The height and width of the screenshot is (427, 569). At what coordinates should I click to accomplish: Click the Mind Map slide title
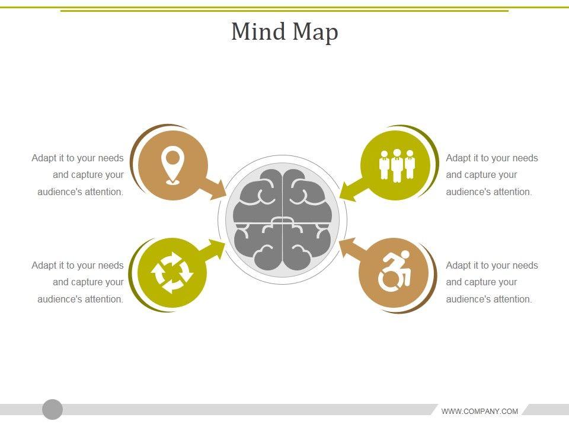[284, 31]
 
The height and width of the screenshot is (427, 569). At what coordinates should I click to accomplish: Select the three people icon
[397, 165]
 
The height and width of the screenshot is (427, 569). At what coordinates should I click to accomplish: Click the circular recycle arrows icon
[172, 273]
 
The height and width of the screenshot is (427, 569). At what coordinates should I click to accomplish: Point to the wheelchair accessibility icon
[395, 272]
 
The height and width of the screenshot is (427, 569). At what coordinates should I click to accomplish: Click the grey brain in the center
[282, 219]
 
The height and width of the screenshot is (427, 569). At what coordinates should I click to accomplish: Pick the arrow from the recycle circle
[212, 249]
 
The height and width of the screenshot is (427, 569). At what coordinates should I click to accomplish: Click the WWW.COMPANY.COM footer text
[480, 411]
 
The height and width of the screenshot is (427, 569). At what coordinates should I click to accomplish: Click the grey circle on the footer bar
[53, 409]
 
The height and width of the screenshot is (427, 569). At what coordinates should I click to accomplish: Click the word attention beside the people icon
[510, 192]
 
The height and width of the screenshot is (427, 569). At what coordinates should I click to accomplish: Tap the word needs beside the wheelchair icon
[525, 265]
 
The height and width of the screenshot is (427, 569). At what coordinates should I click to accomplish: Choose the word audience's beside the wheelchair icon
[467, 299]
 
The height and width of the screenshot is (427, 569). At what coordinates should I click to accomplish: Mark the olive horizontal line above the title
[284, 10]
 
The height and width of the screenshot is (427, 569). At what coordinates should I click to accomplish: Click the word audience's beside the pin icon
[59, 192]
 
